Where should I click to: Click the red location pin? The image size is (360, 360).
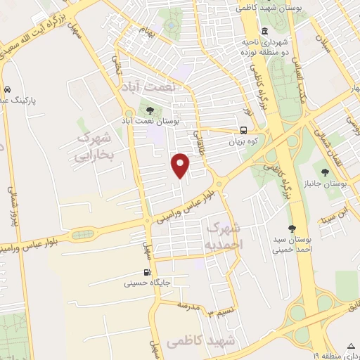click(x=181, y=164)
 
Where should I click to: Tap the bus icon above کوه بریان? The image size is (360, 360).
click(x=243, y=129)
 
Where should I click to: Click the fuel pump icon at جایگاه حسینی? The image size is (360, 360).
click(x=147, y=273)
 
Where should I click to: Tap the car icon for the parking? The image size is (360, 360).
click(x=6, y=90)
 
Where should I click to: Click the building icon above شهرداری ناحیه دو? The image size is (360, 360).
click(x=264, y=31)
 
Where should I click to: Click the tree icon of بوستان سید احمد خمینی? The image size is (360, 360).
click(x=292, y=228)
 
